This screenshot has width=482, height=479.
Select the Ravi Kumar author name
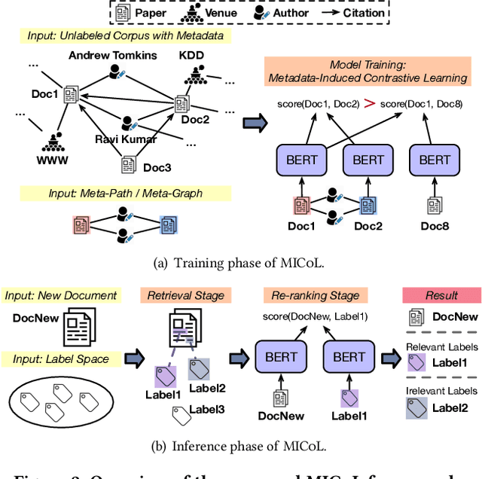click(126, 139)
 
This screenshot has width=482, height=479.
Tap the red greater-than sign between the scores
click(369, 103)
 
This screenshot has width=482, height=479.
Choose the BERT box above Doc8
click(435, 160)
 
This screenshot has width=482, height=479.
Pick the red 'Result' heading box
click(441, 295)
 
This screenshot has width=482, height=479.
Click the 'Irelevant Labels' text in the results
click(441, 391)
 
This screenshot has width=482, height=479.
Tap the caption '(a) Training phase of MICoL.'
click(240, 261)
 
